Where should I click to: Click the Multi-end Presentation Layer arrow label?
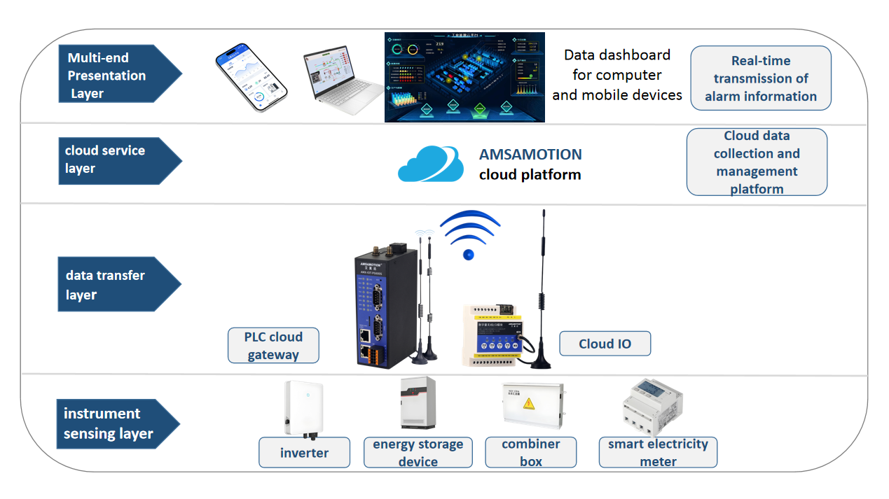pos(112,76)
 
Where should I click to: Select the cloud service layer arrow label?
pos(112,160)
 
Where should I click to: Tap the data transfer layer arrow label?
pos(112,285)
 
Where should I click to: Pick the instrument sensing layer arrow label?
pos(112,423)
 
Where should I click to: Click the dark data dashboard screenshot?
pos(464,78)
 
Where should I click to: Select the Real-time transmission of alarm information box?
pos(761,78)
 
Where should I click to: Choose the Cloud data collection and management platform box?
pos(757,162)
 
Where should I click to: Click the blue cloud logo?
pos(431,164)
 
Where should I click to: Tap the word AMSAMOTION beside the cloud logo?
pos(530,155)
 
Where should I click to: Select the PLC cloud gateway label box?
pos(273,346)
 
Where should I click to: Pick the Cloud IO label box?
pos(605,344)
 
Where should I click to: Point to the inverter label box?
pos(304,453)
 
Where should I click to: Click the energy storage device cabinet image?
pos(418,403)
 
